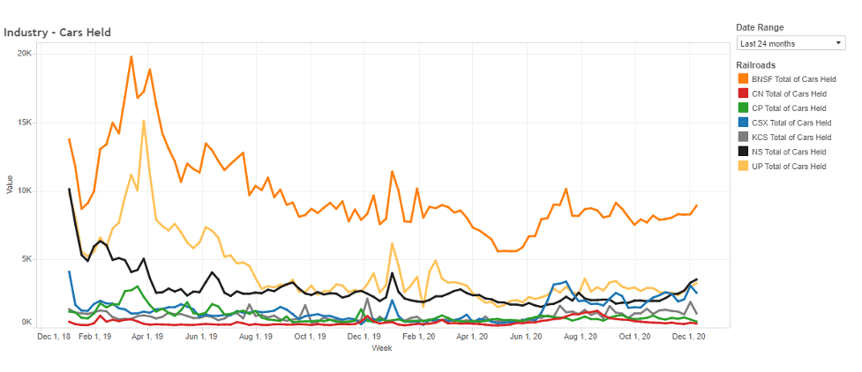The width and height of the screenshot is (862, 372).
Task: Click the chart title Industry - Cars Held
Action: pyautogui.click(x=57, y=33)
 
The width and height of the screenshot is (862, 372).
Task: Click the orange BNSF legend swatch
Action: pyautogui.click(x=743, y=80)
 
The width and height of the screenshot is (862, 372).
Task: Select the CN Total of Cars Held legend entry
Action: pyautogui.click(x=795, y=94)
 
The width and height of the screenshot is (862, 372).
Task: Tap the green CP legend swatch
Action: pyautogui.click(x=743, y=108)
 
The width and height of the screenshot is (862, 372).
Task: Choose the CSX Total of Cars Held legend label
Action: pyautogui.click(x=798, y=123)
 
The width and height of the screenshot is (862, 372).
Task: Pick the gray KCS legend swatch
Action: pyautogui.click(x=743, y=137)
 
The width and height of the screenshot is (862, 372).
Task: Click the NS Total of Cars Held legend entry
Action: pyautogui.click(x=795, y=151)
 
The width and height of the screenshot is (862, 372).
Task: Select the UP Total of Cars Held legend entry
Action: pyautogui.click(x=795, y=165)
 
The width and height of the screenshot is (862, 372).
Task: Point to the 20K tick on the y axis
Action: pyautogui.click(x=25, y=54)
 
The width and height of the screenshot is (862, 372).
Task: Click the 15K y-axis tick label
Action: pyautogui.click(x=25, y=123)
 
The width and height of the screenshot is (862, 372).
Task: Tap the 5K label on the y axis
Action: pyautogui.click(x=26, y=259)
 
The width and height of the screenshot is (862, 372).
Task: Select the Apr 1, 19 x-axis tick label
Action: pyautogui.click(x=148, y=336)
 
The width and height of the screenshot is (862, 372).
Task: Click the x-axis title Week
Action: pyautogui.click(x=382, y=348)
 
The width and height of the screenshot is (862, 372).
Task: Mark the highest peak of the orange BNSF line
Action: pyautogui.click(x=131, y=56)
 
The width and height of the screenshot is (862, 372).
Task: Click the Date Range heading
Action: pyautogui.click(x=760, y=27)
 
